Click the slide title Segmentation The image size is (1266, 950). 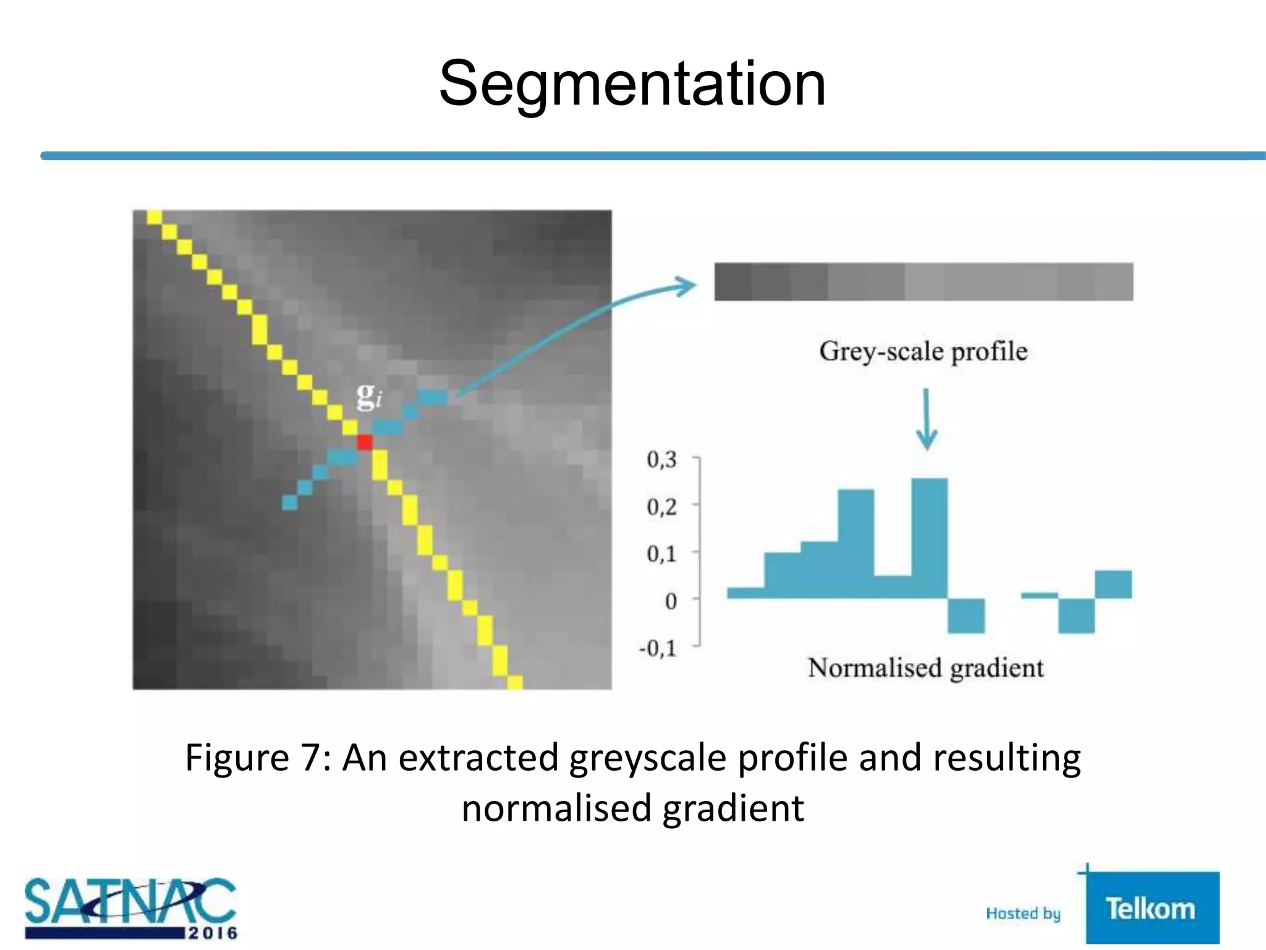(632, 83)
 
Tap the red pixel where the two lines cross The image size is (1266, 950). (365, 442)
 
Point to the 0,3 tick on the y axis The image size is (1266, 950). (662, 460)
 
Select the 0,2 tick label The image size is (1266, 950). (662, 507)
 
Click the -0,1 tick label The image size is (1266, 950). (658, 648)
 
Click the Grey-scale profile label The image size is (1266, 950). (923, 351)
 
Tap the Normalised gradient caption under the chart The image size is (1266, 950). (925, 668)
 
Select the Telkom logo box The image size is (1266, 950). (1152, 908)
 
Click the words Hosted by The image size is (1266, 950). (1023, 914)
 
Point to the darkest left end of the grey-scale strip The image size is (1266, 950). (733, 282)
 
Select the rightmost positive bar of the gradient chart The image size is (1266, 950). (1113, 584)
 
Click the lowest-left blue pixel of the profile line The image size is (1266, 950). (289, 503)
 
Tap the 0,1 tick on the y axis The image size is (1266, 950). (662, 554)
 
